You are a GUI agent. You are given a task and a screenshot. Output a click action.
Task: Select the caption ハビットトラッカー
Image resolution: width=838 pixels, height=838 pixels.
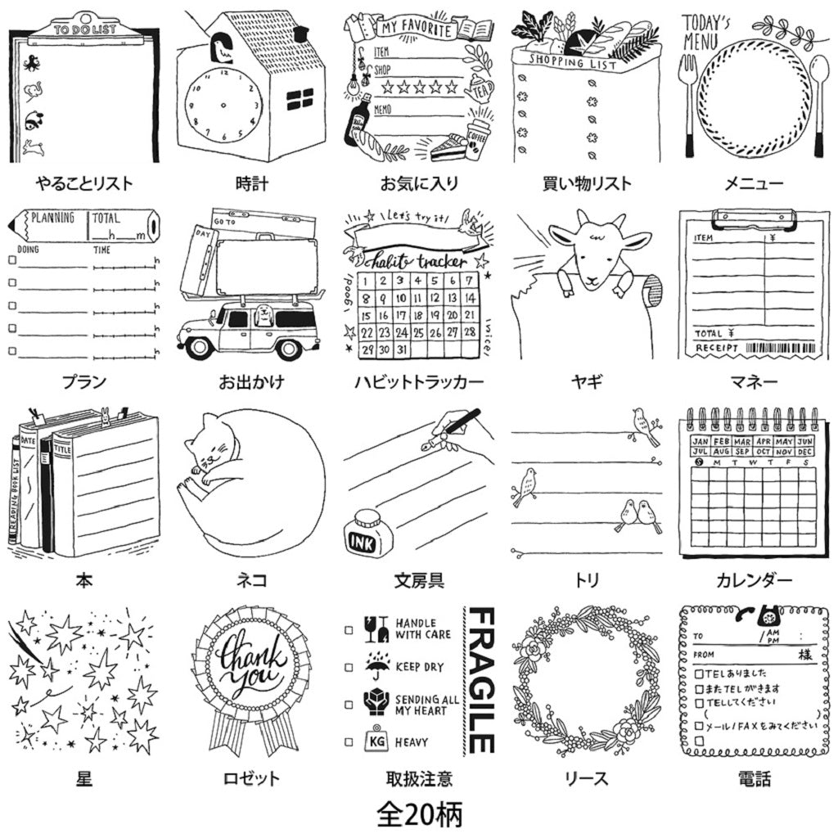click(x=418, y=381)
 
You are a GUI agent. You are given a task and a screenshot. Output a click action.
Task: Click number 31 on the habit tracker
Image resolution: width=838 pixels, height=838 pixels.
click(x=403, y=349)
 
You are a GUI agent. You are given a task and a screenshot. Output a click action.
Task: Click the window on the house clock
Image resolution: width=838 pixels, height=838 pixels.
click(x=300, y=100)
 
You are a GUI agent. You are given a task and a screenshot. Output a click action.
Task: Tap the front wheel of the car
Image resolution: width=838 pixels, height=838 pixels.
click(x=286, y=347)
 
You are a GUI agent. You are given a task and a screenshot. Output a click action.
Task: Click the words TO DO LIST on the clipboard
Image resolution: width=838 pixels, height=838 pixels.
click(x=84, y=29)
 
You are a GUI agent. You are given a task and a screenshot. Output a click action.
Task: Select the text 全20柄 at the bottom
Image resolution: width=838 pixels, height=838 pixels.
click(x=419, y=814)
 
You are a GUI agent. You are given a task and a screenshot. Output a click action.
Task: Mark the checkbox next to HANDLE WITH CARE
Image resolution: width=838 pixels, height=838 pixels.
click(x=349, y=630)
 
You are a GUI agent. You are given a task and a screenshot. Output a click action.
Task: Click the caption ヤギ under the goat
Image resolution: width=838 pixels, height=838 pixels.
click(x=587, y=381)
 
